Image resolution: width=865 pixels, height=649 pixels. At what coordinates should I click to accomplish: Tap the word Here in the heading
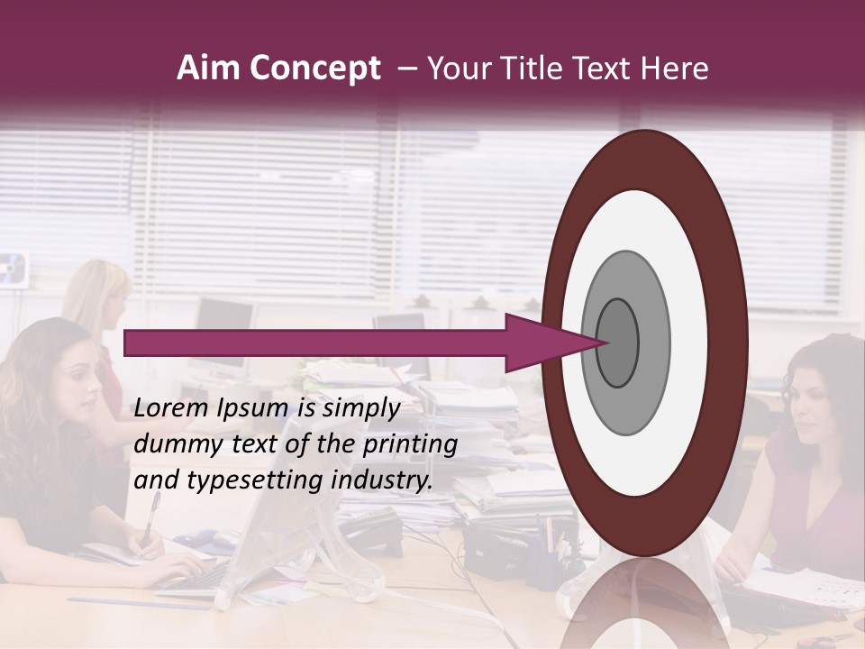(676, 69)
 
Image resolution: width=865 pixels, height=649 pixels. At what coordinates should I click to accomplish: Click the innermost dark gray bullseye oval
(618, 343)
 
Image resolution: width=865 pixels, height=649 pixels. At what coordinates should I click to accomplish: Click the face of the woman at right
(815, 398)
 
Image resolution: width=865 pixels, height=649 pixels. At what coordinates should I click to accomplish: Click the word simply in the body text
(360, 409)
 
